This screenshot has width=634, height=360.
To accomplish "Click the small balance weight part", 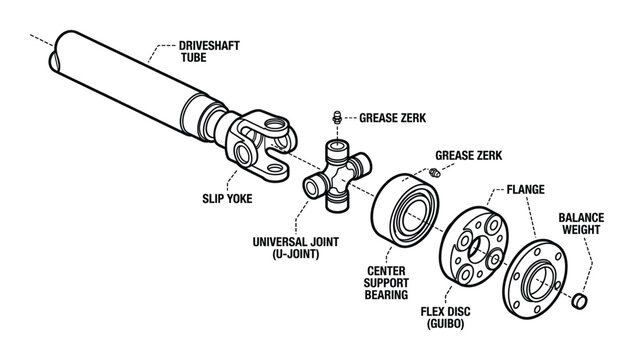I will (581, 301).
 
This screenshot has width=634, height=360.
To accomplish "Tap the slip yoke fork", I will (264, 141).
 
